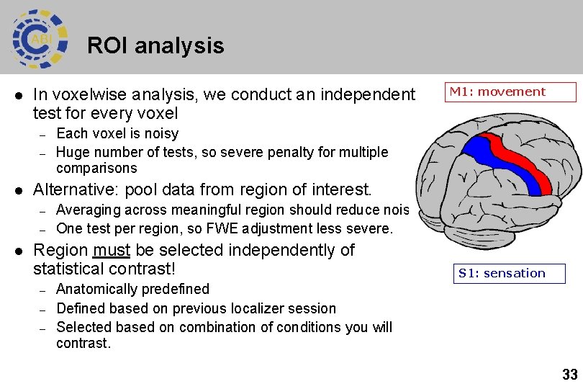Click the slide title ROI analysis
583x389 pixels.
(155, 46)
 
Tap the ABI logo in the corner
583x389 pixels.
(40, 38)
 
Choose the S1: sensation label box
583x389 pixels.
(510, 273)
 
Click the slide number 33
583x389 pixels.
(570, 375)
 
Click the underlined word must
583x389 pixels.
(112, 250)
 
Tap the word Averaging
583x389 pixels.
(87, 210)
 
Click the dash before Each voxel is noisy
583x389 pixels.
(42, 134)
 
